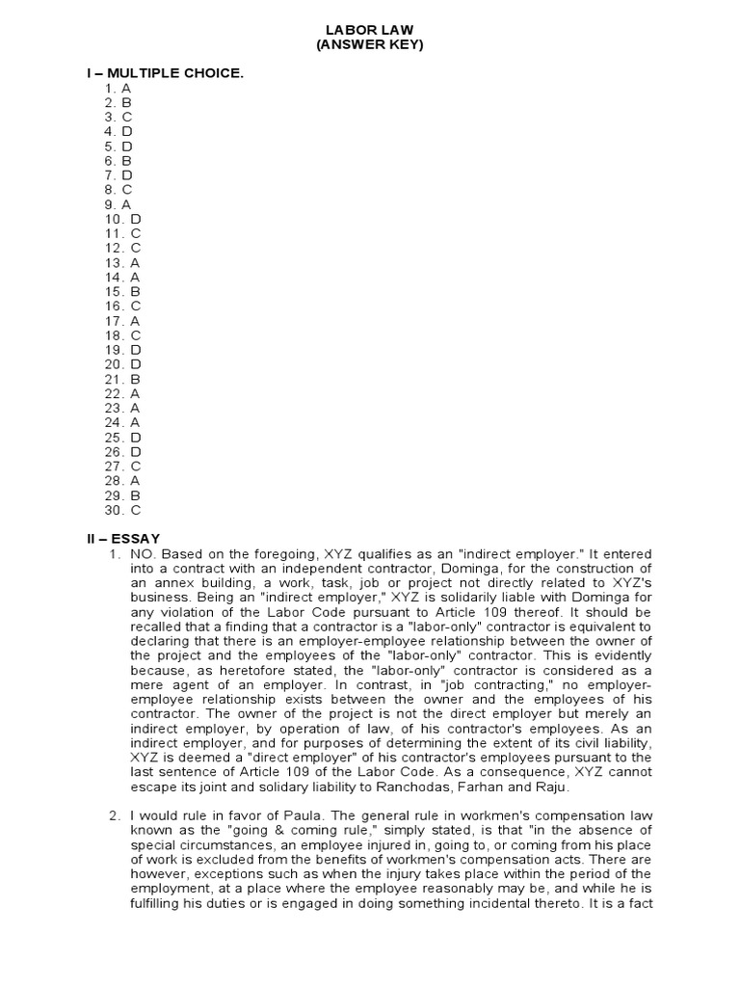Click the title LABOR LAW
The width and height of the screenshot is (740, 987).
(369, 30)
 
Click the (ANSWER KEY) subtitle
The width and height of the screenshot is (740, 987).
(369, 45)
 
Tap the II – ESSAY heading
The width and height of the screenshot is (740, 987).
(123, 538)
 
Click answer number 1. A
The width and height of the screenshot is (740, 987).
(119, 88)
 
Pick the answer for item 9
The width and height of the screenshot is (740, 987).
(119, 204)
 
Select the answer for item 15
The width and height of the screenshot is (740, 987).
(123, 291)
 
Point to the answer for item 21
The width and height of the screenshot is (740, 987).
(123, 379)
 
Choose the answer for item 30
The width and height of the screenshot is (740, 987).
(123, 510)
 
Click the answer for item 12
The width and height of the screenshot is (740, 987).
(123, 248)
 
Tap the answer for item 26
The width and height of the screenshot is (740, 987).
(123, 451)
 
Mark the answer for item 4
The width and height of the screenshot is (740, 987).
(119, 131)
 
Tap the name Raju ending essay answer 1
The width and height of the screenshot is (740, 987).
(552, 787)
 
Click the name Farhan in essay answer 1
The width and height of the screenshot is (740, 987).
(502, 787)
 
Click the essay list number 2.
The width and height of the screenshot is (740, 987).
(115, 817)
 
